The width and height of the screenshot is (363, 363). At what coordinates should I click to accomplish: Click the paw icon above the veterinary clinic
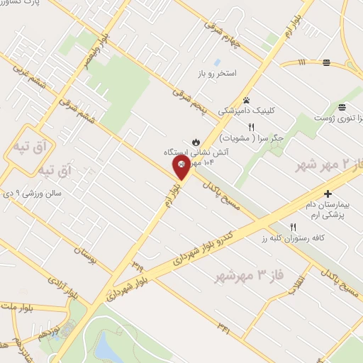click(x=246, y=100)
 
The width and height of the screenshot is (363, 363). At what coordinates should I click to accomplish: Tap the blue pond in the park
click(x=108, y=347)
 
